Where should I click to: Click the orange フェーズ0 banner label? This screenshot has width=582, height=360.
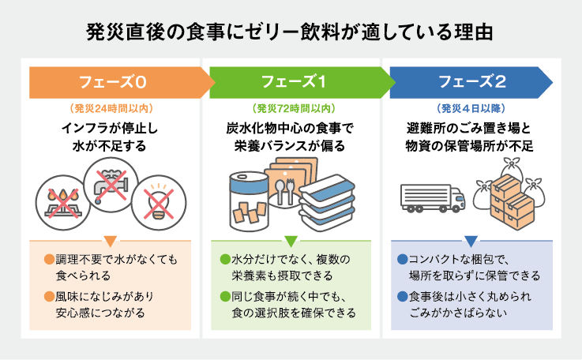coord(112,82)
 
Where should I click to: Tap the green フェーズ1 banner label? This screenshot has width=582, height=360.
coord(294,81)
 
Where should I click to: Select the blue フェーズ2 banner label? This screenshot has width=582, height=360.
coord(472,81)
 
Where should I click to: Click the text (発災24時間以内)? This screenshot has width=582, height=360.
coord(111,108)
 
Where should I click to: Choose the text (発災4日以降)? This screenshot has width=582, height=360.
coord(471,108)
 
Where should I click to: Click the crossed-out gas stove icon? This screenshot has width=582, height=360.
coord(62,203)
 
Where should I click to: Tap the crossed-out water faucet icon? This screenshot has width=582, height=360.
coord(111,185)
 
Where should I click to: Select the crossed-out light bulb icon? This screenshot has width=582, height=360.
coord(159,203)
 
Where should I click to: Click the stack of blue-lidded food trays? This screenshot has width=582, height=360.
coord(327,203)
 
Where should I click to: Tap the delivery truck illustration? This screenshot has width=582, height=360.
coord(433,198)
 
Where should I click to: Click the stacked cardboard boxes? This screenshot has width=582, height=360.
coord(512,202)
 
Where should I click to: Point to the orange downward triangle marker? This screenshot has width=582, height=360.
coord(111,241)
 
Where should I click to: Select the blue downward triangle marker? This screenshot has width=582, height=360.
coord(471,241)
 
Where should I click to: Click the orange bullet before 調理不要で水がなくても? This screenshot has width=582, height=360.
coord(50,259)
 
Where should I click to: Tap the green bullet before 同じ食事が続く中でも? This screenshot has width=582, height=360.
coord(225,297)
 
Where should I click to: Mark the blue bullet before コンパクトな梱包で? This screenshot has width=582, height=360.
coord(403,259)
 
